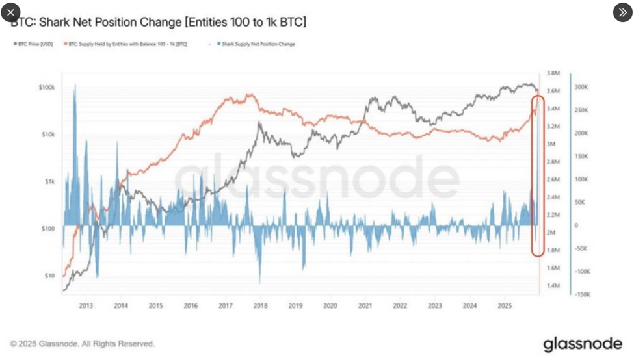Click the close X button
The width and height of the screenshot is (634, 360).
point(10,12)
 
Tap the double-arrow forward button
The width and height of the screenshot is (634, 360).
point(622,12)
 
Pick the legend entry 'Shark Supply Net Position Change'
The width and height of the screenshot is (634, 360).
point(255,44)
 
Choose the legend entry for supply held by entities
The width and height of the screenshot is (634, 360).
point(127,44)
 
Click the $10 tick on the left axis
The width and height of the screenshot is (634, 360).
point(49,276)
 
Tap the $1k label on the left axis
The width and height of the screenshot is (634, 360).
point(49,182)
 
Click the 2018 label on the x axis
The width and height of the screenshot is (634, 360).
point(260,305)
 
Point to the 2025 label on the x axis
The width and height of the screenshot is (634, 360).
point(505,305)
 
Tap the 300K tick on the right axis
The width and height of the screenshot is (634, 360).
point(581,86)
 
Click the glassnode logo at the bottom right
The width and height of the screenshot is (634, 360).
point(582,344)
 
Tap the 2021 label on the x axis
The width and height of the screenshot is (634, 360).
point(365,305)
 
